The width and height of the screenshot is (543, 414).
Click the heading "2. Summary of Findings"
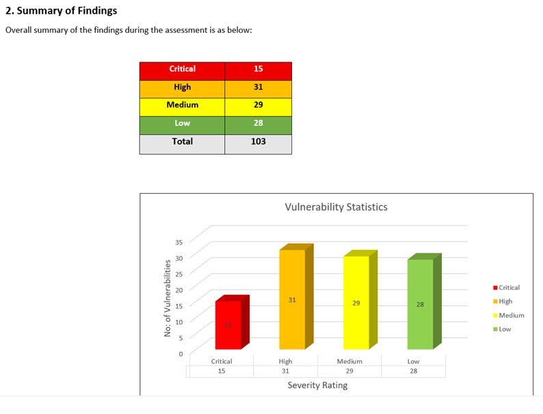(x=61, y=11)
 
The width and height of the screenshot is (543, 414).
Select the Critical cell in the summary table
(x=183, y=69)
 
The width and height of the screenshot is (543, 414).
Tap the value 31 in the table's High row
(x=258, y=88)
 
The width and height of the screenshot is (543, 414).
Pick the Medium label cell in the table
(x=183, y=105)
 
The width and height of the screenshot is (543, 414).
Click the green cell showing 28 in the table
(x=258, y=123)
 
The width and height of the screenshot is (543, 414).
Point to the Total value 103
(x=258, y=142)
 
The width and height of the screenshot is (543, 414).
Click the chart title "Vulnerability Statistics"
(x=336, y=207)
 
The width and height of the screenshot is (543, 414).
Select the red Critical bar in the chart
(x=228, y=325)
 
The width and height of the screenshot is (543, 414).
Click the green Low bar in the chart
(x=420, y=304)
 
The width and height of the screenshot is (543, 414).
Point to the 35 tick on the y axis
(x=178, y=242)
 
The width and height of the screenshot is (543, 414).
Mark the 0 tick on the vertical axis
(x=181, y=354)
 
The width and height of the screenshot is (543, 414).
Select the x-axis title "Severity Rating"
(x=317, y=385)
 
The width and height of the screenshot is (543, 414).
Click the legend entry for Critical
(x=508, y=288)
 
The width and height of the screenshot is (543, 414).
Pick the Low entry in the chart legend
(x=505, y=329)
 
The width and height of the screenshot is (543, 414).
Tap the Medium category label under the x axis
(x=349, y=361)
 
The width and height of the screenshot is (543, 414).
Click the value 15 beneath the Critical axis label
(x=221, y=371)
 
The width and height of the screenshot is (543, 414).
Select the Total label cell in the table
(x=183, y=142)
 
